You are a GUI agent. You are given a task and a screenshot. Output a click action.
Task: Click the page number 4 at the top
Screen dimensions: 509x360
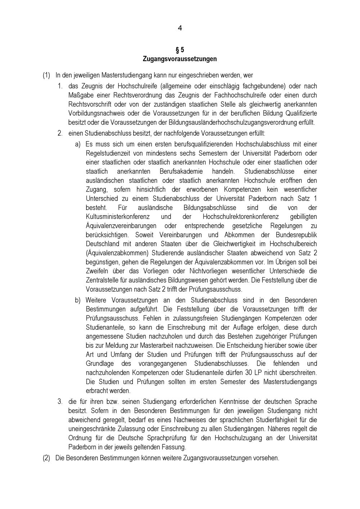pos(180,28)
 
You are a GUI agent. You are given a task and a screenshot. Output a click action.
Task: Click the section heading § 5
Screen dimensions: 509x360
pos(180,50)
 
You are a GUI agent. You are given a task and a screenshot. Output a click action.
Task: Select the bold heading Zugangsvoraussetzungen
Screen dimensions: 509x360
pos(180,59)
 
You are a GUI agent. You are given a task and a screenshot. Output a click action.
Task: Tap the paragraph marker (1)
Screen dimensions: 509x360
pos(46,75)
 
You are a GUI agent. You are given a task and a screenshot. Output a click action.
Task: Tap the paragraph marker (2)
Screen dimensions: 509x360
pos(46,458)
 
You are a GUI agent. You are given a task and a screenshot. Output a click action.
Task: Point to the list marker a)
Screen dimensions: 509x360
pos(78,144)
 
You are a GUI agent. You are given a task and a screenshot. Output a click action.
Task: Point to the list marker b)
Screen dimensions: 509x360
pos(78,300)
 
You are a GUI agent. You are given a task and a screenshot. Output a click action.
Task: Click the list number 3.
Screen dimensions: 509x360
pos(60,401)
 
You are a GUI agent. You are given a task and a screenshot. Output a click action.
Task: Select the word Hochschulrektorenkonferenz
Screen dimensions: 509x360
pos(241,217)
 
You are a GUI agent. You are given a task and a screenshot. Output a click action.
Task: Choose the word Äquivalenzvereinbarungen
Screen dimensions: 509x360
pos(121,226)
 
